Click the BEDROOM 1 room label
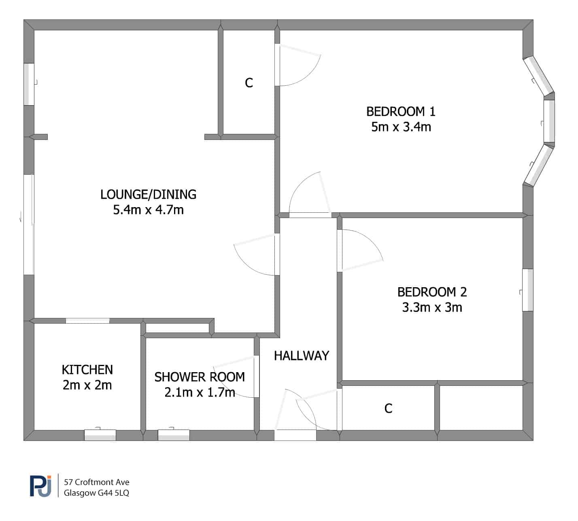click(401, 112)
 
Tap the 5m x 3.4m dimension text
click(401, 127)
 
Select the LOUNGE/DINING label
click(149, 195)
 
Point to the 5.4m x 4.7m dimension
click(149, 210)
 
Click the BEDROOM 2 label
click(432, 292)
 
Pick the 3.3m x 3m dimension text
click(432, 307)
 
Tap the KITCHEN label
click(87, 370)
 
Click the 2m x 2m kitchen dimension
click(87, 385)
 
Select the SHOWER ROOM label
click(200, 377)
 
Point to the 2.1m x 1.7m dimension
click(200, 392)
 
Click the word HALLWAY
click(302, 356)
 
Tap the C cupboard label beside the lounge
click(249, 83)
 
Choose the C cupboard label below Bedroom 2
click(389, 409)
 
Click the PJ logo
click(40, 486)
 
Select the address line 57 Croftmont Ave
click(96, 482)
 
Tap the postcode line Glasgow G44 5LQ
click(96, 493)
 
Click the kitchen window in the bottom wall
click(100, 435)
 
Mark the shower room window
click(174, 435)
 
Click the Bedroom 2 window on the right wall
click(527, 290)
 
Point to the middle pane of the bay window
click(549, 121)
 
